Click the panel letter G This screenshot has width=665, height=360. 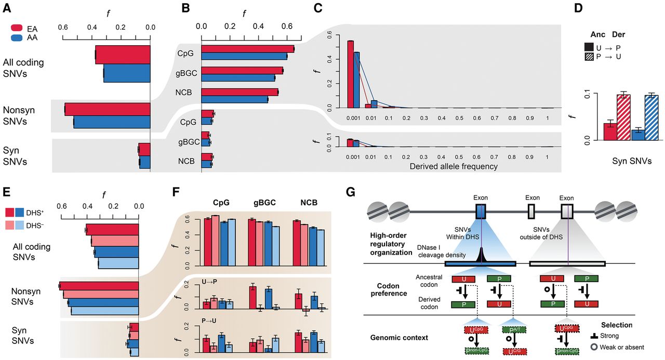point(351,193)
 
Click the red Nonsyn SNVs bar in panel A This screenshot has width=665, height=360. point(108,109)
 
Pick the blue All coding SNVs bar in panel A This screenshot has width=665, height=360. point(127,73)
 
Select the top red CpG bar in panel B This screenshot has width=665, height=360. point(247,49)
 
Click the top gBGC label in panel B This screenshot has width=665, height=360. point(187,73)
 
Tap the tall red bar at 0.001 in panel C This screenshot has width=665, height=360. point(350,73)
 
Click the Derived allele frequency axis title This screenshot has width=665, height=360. point(453,166)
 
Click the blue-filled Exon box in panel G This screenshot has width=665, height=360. point(481,212)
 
